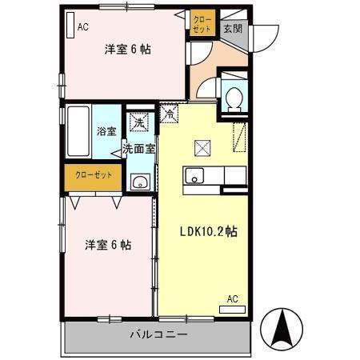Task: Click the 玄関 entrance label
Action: pos(232,28)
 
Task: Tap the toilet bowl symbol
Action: pos(234,99)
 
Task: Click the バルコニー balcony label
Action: pos(158,334)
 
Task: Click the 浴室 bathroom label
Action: pos(106,130)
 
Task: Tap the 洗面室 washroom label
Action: pos(138,148)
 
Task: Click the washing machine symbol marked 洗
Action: pos(139,122)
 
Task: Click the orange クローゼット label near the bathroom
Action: pos(94,175)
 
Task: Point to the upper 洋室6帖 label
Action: pos(128,49)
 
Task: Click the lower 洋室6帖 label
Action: pos(108,245)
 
